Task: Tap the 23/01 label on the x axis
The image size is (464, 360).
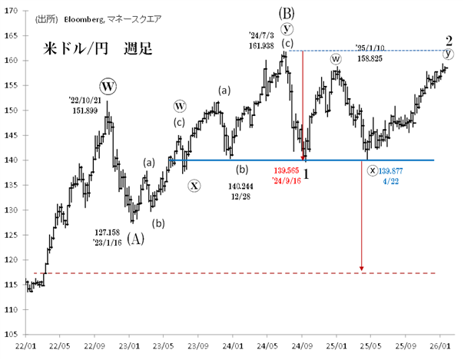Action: pyautogui.click(x=129, y=345)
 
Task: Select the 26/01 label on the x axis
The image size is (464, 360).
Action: pyautogui.click(x=440, y=345)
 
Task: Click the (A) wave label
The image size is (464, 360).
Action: pyautogui.click(x=134, y=239)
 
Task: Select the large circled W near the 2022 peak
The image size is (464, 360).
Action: pyautogui.click(x=108, y=84)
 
